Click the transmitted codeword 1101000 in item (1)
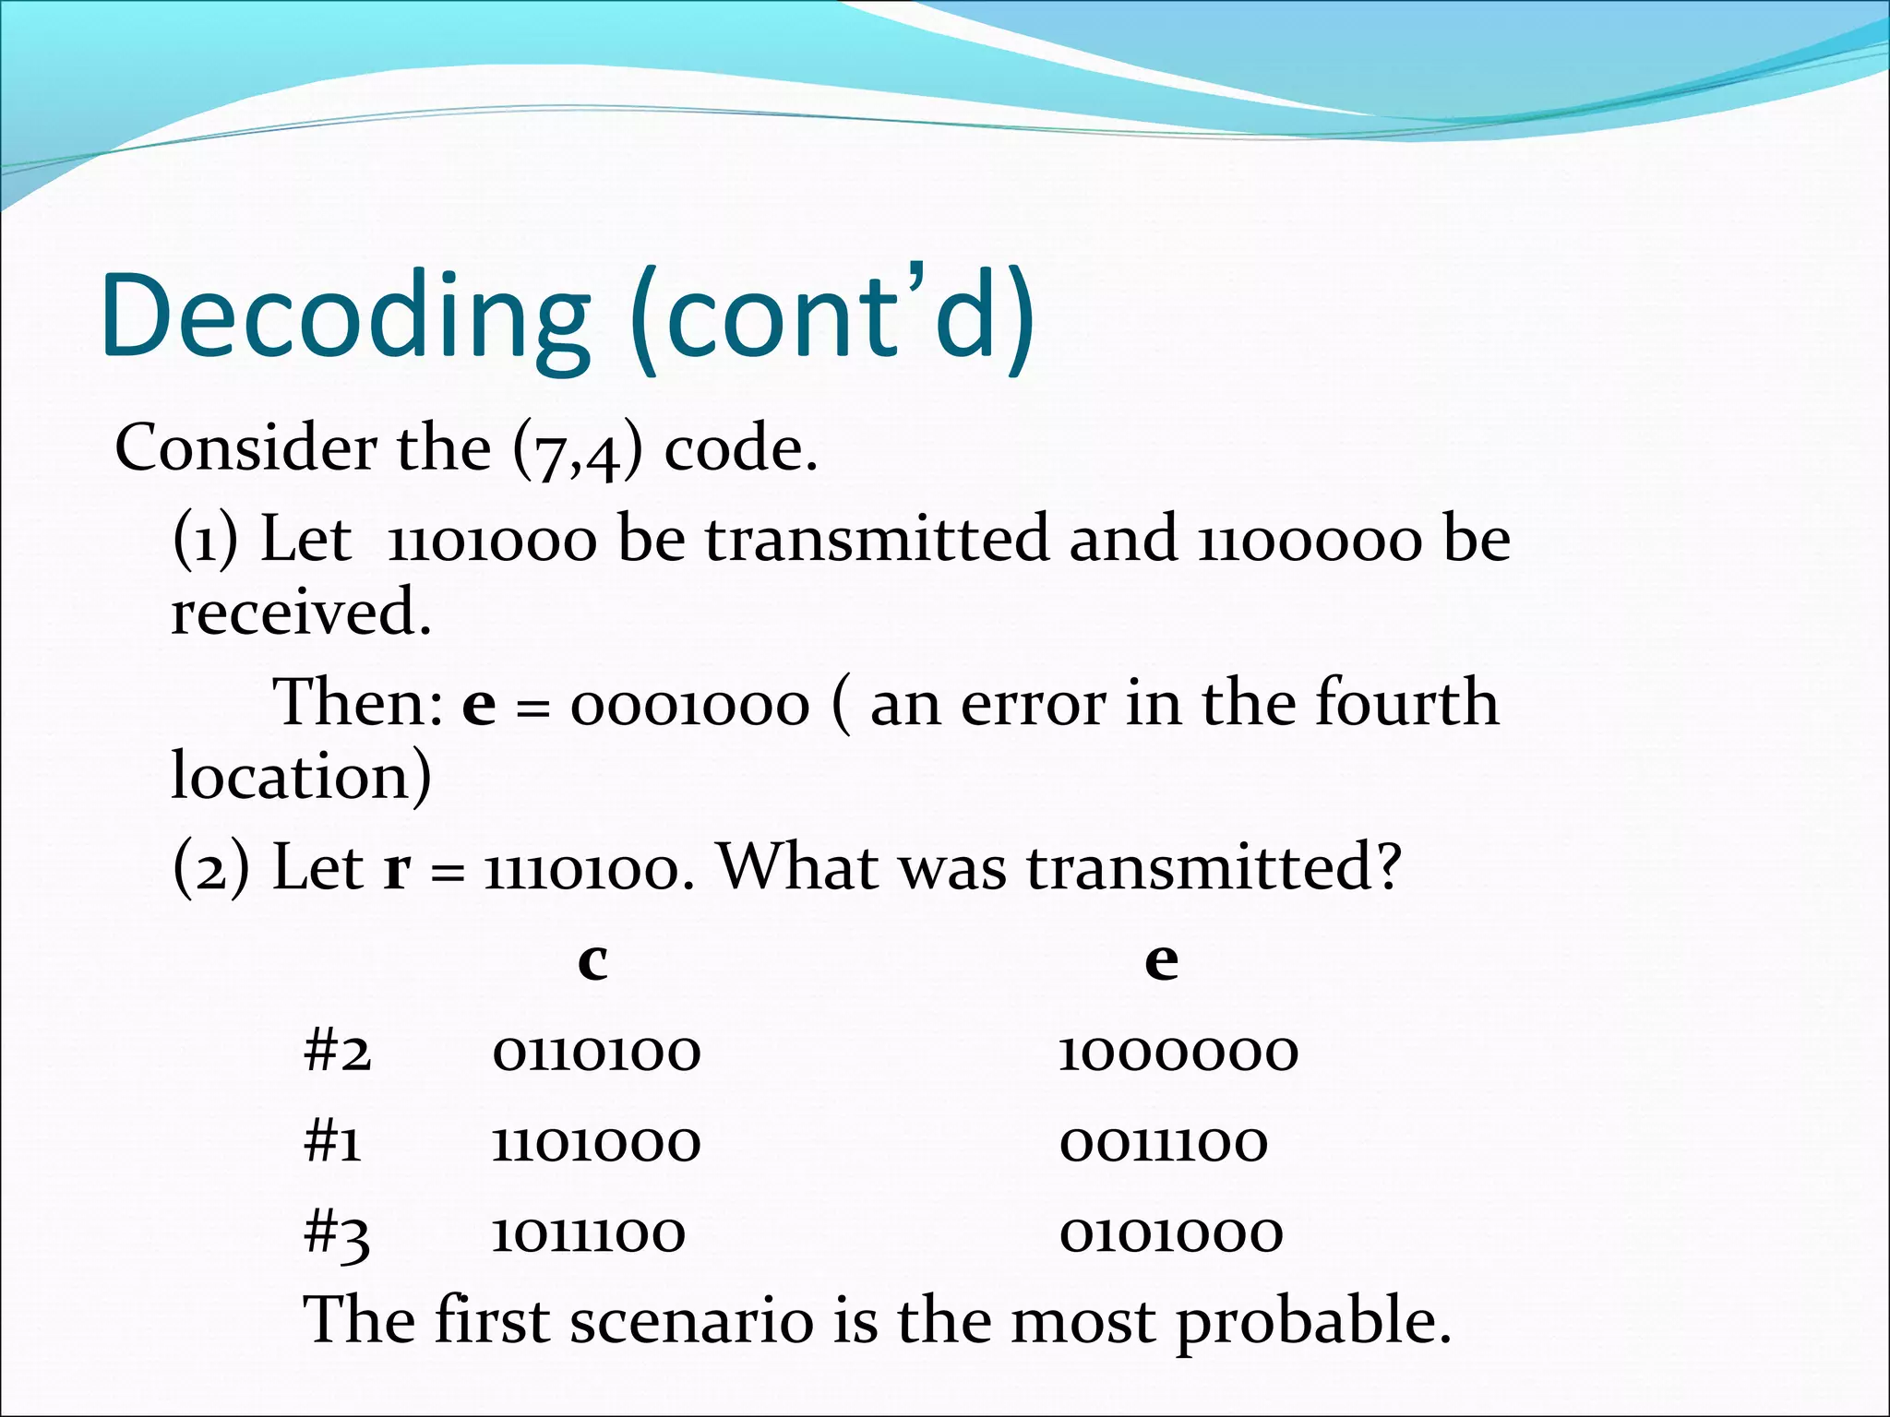pos(492,541)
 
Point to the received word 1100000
pos(1310,541)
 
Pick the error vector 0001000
pos(689,705)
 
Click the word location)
pos(301,777)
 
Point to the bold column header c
pos(592,961)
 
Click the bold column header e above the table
pos(1161,961)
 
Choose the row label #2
pos(338,1053)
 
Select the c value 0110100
pos(596,1053)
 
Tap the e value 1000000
pos(1178,1053)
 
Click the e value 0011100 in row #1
pos(1164,1144)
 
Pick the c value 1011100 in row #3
pos(588,1234)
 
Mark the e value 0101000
pos(1170,1234)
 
